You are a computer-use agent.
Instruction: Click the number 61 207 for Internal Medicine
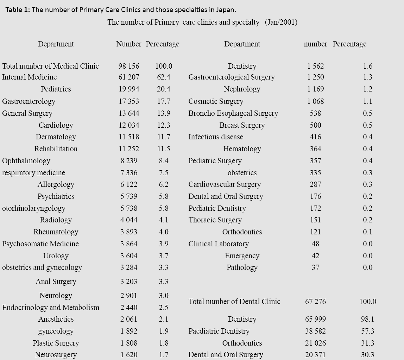(128, 77)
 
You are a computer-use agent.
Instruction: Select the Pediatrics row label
(56, 89)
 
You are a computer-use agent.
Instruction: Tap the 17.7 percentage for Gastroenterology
(164, 101)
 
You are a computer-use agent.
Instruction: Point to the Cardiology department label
(56, 125)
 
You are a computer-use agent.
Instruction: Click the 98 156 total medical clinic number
(128, 66)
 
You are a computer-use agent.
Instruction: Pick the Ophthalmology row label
(26, 161)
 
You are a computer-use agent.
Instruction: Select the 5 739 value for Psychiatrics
(128, 196)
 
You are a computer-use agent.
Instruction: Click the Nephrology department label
(242, 89)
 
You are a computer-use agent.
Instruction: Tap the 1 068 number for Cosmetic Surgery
(315, 101)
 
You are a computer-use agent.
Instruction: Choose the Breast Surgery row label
(242, 125)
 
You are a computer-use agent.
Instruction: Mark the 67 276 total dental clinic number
(315, 302)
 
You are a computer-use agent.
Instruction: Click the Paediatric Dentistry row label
(219, 331)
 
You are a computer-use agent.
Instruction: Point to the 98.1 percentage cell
(367, 319)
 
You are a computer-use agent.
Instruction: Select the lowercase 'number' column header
(315, 44)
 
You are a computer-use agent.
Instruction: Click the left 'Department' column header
(56, 44)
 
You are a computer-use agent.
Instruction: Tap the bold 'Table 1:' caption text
(18, 10)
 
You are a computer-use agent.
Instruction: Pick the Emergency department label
(242, 256)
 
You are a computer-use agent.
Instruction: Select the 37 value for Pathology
(315, 267)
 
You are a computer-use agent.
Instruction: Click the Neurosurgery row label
(56, 355)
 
